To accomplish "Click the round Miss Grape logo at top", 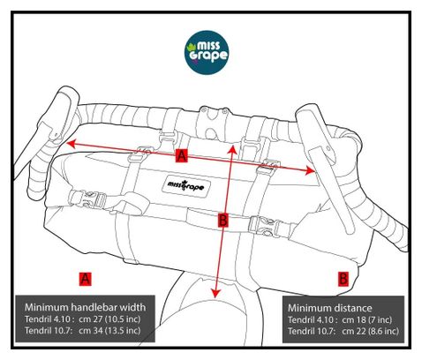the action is [x=207, y=52].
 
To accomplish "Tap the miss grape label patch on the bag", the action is [x=185, y=185].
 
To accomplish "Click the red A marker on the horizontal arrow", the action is [x=182, y=155].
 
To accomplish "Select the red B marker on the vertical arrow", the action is [x=223, y=220].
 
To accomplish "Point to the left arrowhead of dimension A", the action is [x=71, y=143].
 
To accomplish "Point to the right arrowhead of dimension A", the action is [x=310, y=170].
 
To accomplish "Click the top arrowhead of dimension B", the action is [x=233, y=149].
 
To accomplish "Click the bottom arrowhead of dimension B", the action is [x=216, y=293].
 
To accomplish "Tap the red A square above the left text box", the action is [x=86, y=279].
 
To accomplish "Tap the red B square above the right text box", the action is [x=343, y=279].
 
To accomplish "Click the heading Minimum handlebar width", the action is [x=86, y=307].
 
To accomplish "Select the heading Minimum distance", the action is [x=330, y=308].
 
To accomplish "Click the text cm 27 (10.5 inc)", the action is [x=109, y=319].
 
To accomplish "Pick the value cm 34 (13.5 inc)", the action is [x=109, y=330].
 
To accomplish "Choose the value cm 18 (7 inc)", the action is [x=366, y=319].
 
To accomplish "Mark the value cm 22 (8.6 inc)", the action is [x=370, y=331].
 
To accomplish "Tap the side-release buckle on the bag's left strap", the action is [x=87, y=199].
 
